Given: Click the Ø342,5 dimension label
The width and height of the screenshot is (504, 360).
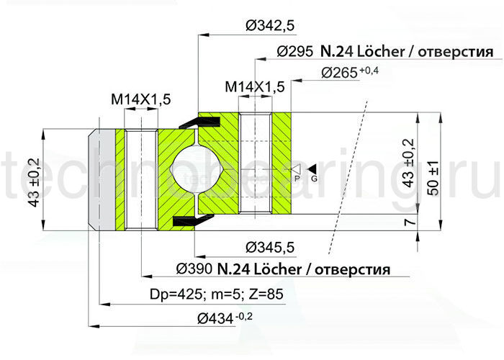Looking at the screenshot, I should [x=270, y=26].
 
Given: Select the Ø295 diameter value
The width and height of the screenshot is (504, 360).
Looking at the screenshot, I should [x=294, y=53].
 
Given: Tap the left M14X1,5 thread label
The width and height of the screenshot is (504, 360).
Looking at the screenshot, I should [x=140, y=100].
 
